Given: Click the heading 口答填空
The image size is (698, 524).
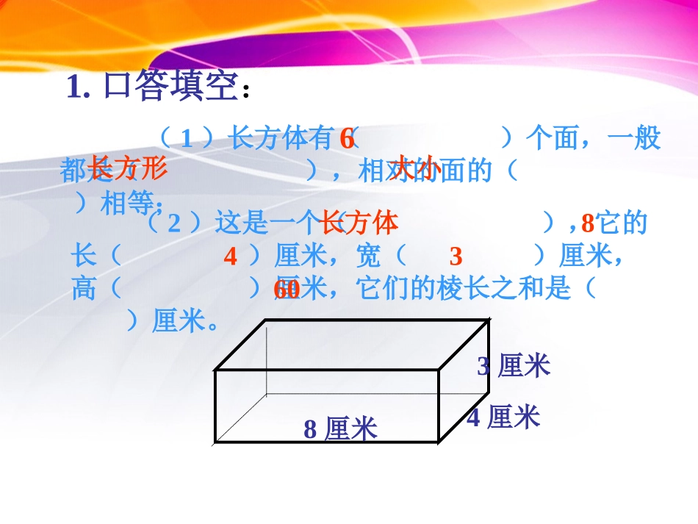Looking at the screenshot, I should coord(171,87).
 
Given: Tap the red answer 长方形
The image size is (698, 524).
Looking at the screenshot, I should coord(128,168).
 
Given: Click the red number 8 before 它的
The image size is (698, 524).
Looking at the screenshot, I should coord(586,222).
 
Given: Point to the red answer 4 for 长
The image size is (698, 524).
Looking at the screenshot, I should coord(231,256).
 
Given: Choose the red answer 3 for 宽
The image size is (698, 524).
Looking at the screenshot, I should coord(456,256).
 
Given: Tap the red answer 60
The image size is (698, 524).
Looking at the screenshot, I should coord(286,290).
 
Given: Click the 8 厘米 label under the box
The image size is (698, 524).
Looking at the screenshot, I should coord(340,429).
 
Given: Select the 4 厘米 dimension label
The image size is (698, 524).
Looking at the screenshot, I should coord(503,418).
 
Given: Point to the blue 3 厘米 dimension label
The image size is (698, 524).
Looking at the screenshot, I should coord(514,366).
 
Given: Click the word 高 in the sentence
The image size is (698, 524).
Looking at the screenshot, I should coord(83,289).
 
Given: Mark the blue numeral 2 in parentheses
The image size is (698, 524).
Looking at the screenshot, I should coord(174,223).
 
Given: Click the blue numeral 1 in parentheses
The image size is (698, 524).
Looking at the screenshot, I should coord(186,139).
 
